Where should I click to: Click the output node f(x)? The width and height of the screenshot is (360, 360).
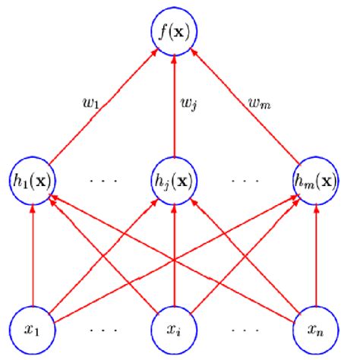coord(175,33)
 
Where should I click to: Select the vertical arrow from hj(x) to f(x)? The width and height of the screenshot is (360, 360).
coord(175,114)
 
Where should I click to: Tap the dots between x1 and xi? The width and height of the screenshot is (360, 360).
coord(102,331)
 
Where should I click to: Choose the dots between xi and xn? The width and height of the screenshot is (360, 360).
coord(245,331)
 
